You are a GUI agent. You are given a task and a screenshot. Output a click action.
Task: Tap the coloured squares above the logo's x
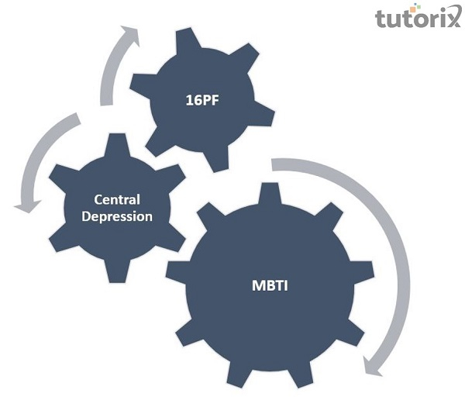(x=448, y=7)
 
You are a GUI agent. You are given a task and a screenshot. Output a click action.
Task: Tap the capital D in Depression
(x=83, y=216)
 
